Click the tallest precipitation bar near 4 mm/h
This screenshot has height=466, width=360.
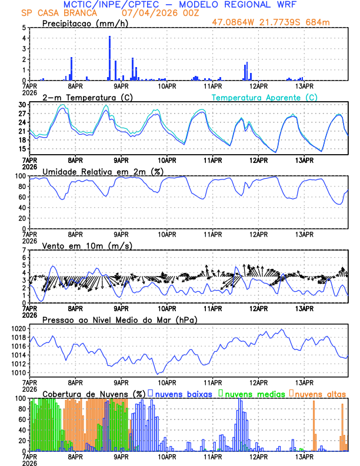pos(109,58)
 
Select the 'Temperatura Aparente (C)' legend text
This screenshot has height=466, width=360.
pos(264,97)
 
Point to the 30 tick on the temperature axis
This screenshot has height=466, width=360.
pos(23,105)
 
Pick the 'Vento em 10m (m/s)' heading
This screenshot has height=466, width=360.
pos(79,245)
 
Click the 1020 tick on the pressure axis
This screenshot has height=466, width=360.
pos(18,328)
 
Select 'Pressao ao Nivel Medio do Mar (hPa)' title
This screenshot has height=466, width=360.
pos(119,319)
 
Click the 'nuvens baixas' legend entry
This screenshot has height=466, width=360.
pos(184,393)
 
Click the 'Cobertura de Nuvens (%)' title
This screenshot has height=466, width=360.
pos(94,393)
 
